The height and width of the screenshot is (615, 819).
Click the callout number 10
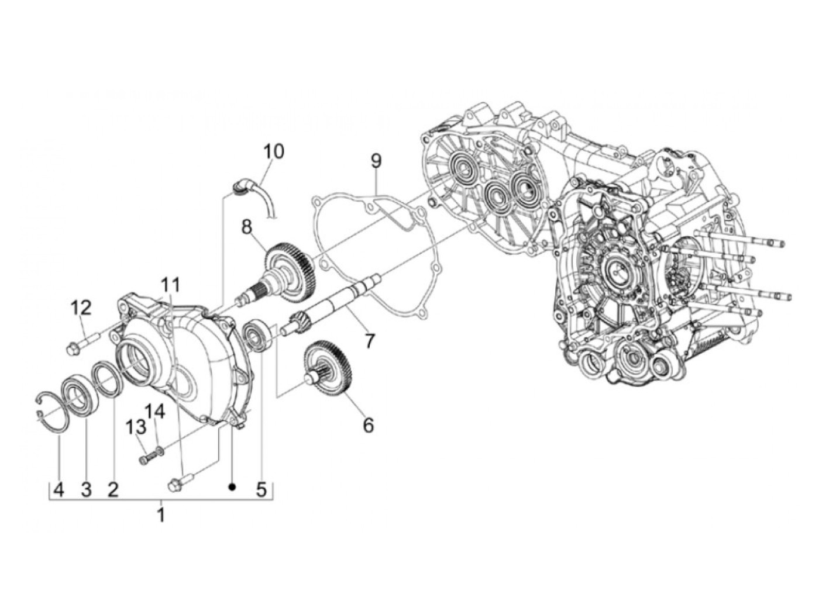273,151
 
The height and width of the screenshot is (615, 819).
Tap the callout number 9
376,159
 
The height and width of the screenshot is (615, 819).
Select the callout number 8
246,225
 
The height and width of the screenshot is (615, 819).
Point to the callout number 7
369,341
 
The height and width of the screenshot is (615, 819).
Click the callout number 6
368,425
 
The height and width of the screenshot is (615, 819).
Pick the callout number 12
82,306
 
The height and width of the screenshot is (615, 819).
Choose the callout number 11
170,285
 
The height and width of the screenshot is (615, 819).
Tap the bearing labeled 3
77,390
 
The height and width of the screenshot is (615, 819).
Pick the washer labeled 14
160,450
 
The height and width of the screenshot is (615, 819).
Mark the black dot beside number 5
232,486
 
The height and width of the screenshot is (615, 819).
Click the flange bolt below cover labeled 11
178,485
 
